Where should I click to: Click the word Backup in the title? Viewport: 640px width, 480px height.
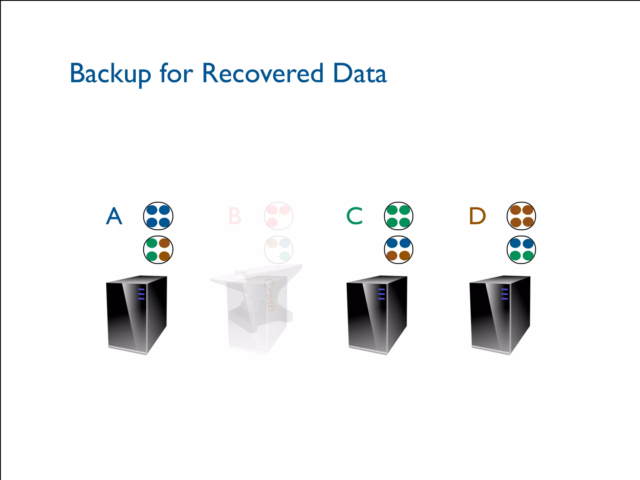110,74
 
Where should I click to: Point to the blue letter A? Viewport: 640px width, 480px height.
114,216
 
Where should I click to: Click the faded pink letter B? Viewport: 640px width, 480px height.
235,216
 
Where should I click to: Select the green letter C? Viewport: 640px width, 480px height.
355,216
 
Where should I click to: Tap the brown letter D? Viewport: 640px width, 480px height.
477,216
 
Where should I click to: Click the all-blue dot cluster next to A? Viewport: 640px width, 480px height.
158,216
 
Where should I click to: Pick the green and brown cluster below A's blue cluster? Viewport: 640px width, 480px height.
158,250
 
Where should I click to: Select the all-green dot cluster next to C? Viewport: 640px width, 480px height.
398,216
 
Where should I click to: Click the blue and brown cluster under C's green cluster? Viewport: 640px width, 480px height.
398,250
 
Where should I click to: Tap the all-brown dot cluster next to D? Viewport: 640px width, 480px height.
521,216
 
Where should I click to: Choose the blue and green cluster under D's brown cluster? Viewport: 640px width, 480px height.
521,250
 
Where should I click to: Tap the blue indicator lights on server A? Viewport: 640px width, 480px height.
141,294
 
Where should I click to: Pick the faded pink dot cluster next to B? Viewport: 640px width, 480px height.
278,216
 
